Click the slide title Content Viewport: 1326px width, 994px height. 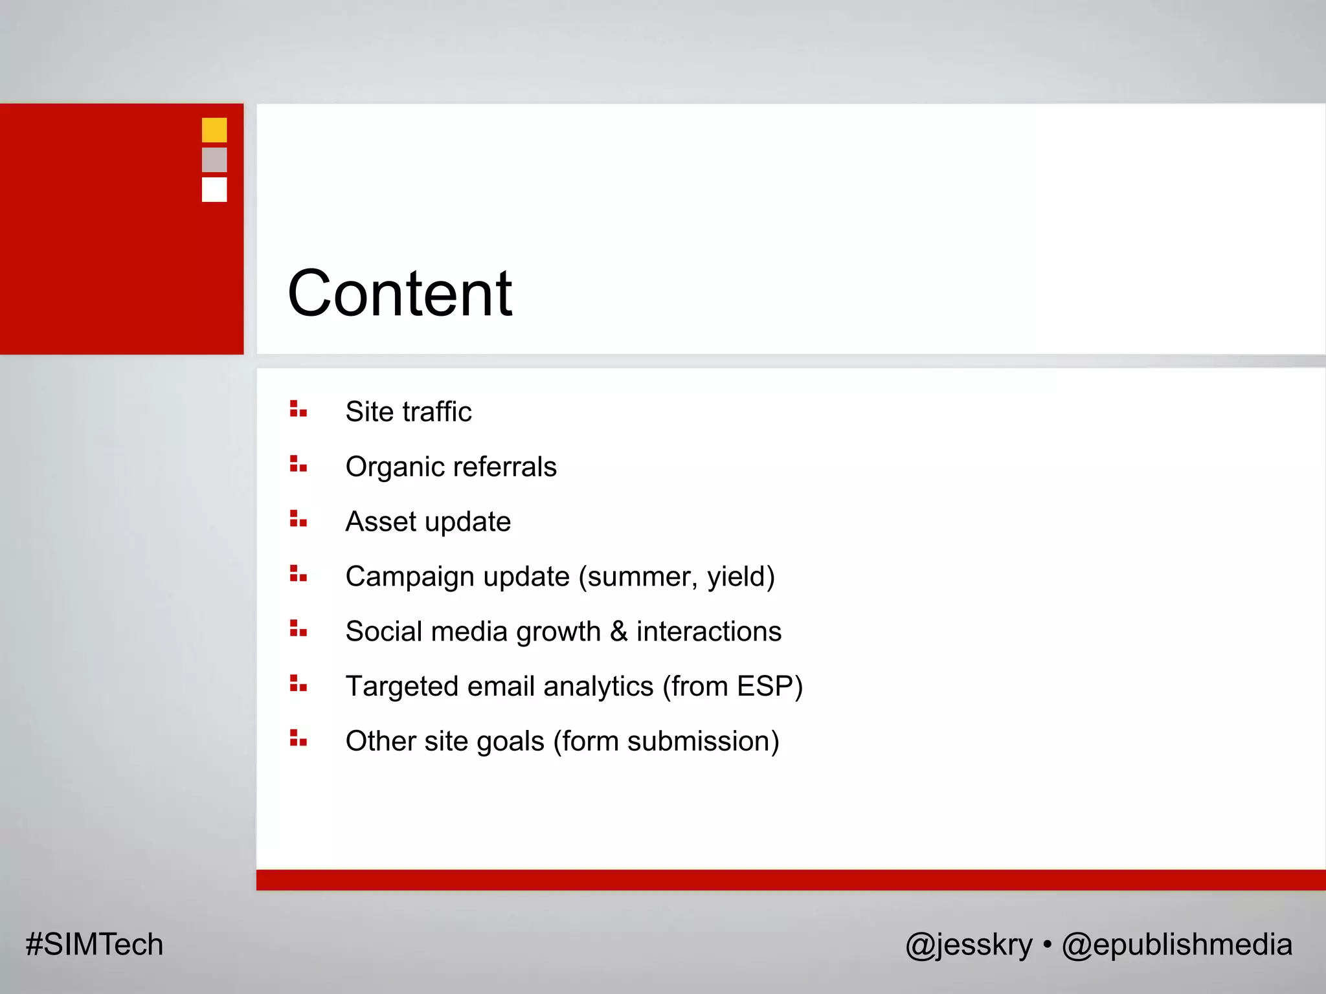coord(399,294)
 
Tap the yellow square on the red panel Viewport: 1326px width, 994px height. coord(214,130)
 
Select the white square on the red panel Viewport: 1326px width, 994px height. coord(214,190)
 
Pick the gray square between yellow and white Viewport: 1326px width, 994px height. coord(214,160)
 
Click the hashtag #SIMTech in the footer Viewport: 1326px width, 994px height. coord(95,944)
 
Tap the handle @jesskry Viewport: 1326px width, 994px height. coord(969,945)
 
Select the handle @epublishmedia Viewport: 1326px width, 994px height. coord(1176,945)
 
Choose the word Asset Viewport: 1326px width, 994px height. coord(381,522)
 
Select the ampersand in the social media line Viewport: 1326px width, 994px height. coord(619,632)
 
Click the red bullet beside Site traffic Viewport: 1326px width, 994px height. coord(298,409)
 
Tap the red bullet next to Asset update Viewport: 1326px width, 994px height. coord(298,519)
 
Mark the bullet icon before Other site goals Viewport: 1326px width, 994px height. coord(298,738)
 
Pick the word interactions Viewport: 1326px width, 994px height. coord(709,632)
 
